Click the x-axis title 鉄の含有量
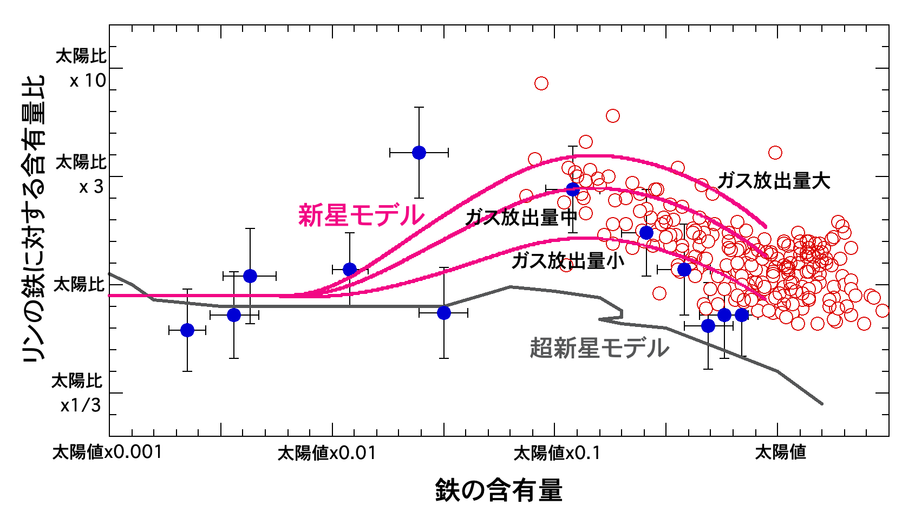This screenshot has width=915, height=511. (499, 490)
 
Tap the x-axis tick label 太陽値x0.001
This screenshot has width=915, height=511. (107, 452)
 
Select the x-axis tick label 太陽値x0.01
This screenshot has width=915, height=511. (326, 453)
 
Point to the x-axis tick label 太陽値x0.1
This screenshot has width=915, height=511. (557, 453)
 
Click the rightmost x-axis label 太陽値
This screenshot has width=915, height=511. (780, 452)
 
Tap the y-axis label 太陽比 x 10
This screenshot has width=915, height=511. (81, 68)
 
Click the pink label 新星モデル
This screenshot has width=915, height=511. (361, 215)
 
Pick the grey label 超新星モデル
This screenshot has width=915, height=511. (599, 348)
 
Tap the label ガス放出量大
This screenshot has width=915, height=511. (774, 181)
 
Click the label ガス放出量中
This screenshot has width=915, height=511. (521, 218)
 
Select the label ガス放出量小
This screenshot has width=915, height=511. (567, 261)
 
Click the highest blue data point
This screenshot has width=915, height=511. (419, 153)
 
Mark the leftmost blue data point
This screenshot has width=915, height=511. (187, 330)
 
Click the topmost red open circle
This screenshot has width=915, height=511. (541, 83)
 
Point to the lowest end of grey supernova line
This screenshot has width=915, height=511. (822, 404)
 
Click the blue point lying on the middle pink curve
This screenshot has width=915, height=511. (573, 189)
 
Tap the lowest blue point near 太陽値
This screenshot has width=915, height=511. (708, 326)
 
